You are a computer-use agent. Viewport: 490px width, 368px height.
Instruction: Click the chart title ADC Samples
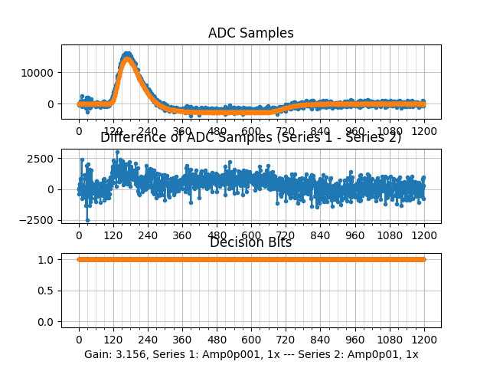(250, 33)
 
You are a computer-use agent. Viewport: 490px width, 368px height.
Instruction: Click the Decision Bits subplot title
(250, 243)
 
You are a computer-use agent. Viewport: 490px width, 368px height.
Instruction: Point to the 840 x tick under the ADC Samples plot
(320, 131)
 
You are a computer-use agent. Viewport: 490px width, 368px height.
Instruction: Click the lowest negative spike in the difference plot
(87, 220)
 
